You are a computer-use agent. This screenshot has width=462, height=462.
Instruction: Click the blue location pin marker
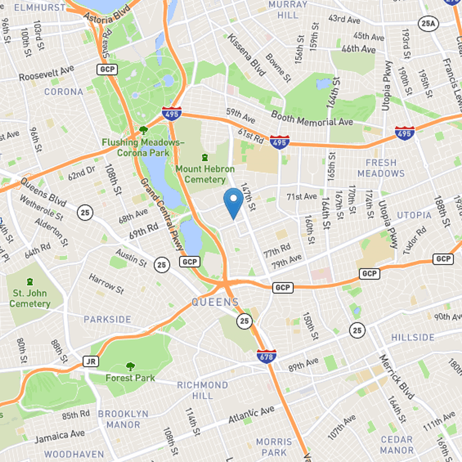(233, 203)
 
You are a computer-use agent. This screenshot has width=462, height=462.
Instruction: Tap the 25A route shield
(427, 24)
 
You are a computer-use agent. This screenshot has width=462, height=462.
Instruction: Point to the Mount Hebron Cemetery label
(205, 174)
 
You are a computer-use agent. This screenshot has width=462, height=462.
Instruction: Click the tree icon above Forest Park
(131, 366)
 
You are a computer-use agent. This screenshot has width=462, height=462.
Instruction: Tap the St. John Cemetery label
(30, 299)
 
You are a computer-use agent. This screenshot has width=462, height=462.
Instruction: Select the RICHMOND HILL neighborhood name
(202, 390)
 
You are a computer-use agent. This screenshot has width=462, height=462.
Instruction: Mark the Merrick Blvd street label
(397, 377)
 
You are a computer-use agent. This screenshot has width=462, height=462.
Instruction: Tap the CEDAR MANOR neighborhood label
(396, 445)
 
